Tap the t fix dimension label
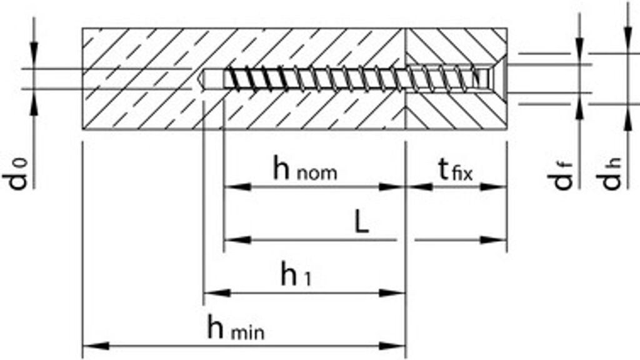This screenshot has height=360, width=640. click(x=454, y=169)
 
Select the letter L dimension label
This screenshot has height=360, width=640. click(x=361, y=222)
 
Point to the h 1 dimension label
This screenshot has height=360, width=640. click(x=296, y=275)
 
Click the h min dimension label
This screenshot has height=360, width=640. click(x=236, y=328)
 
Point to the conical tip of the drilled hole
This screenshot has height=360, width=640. click(x=201, y=79)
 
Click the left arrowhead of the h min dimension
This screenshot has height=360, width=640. click(x=93, y=346)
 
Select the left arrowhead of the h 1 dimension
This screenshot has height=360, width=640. click(x=214, y=292)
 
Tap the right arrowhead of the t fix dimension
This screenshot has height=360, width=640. click(x=495, y=186)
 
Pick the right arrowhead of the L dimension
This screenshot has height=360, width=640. click(x=495, y=239)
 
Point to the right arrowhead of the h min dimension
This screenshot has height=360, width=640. click(x=396, y=346)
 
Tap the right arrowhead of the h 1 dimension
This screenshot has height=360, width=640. click(x=396, y=292)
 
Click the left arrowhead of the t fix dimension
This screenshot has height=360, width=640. click(x=417, y=186)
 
